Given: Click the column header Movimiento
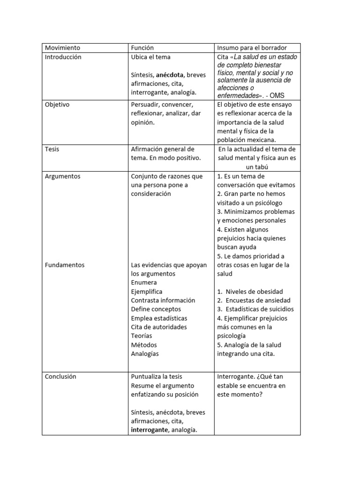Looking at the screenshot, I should tap(62, 48).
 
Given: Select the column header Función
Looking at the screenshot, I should tap(142, 48).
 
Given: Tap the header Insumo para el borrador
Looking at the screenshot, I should tap(252, 48).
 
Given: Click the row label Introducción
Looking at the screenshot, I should tap(63, 57).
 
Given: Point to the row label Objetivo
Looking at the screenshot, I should tap(57, 105).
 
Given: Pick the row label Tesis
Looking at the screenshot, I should tap(52, 149).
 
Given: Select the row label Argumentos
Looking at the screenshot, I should tap(62, 176).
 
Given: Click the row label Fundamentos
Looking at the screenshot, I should tap(65, 265).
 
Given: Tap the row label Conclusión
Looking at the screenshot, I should tap(60, 376).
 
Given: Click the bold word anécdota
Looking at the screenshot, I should tap(170, 75).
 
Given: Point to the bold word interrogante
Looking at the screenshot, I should tap(150, 430).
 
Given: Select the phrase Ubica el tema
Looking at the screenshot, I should tap(151, 57).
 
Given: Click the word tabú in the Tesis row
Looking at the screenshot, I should tap(258, 167).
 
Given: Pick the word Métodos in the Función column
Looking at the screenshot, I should tap(143, 345).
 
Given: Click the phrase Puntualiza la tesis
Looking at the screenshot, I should tap(157, 376).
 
